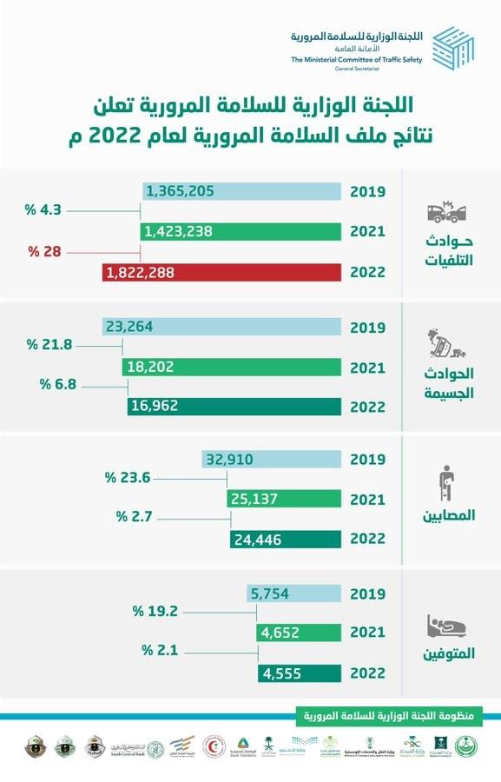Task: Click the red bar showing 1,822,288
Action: [x=221, y=273]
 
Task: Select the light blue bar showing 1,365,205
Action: [x=241, y=191]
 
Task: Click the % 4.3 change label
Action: [x=43, y=210]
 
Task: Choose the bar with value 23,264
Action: [x=221, y=327]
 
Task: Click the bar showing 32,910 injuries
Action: [x=271, y=459]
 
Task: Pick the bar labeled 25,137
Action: [x=283, y=499]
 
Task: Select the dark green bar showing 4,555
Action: [x=299, y=673]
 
